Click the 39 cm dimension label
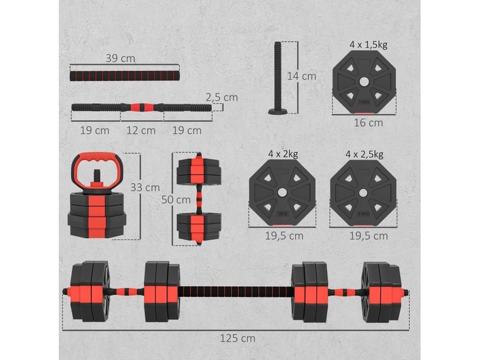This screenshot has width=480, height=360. (x=121, y=58)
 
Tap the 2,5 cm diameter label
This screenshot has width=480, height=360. (x=221, y=97)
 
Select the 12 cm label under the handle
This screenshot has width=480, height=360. (x=141, y=130)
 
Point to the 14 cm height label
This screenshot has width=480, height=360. (x=302, y=76)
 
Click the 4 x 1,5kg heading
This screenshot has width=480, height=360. (x=368, y=44)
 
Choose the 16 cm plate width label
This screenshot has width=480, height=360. (x=368, y=123)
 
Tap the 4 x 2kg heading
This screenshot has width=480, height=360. (x=283, y=154)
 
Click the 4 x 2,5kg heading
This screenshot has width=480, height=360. (x=364, y=154)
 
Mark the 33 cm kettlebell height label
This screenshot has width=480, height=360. (x=145, y=187)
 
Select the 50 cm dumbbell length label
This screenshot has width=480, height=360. (x=176, y=200)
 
